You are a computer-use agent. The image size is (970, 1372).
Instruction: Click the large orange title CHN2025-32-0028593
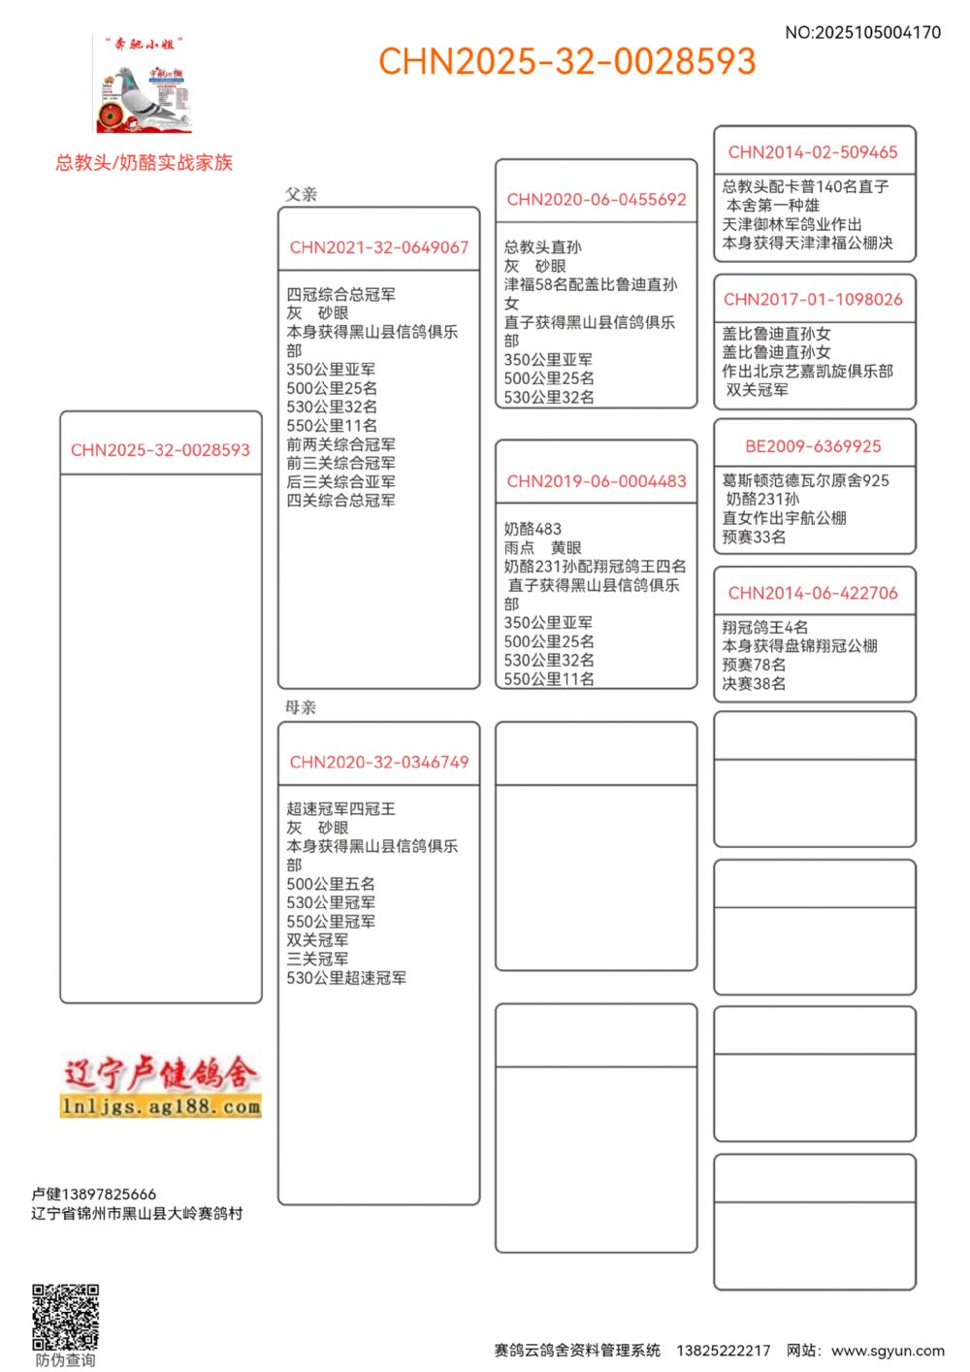[566, 62]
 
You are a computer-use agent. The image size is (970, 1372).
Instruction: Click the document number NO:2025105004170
[862, 32]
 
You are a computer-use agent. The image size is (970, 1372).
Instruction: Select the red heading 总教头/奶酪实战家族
[144, 163]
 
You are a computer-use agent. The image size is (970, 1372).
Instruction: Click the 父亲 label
[301, 194]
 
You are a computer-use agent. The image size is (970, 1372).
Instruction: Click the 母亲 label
[301, 707]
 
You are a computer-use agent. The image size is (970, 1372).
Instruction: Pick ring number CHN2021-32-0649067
[378, 247]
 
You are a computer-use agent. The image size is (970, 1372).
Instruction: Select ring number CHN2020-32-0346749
[378, 763]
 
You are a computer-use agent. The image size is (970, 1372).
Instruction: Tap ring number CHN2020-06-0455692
[596, 200]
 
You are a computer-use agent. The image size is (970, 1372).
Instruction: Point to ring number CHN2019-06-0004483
[596, 481]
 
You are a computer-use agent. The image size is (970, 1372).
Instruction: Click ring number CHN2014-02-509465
[813, 152]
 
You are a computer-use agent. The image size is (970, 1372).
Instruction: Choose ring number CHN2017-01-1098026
[813, 300]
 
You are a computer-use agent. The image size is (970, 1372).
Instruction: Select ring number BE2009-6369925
[813, 446]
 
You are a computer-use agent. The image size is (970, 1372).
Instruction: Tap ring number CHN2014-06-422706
[813, 593]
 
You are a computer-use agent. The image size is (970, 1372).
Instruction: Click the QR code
[65, 1317]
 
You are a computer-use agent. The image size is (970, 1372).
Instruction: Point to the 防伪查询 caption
[65, 1360]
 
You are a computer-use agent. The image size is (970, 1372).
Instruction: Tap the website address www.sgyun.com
[888, 1351]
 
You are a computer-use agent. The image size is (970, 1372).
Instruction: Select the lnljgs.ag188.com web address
[160, 1106]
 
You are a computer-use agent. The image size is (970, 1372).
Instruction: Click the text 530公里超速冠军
[346, 978]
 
